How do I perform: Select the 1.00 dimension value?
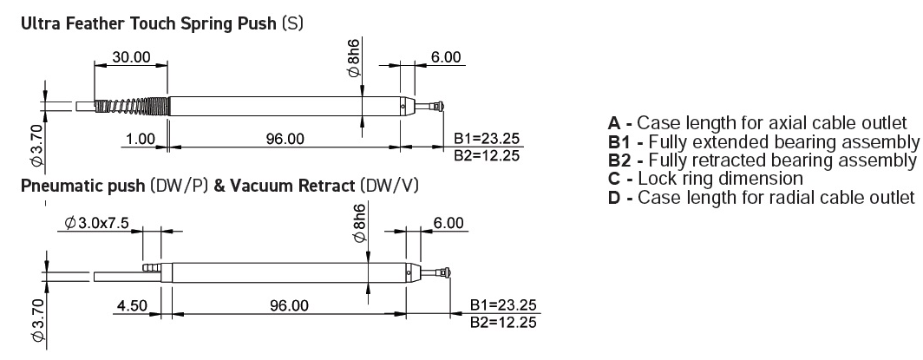tap(139, 139)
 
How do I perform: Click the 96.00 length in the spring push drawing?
tap(285, 139)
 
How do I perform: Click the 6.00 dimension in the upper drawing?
tap(446, 57)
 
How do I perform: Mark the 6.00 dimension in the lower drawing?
tap(449, 224)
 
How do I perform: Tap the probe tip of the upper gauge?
tap(441, 106)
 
